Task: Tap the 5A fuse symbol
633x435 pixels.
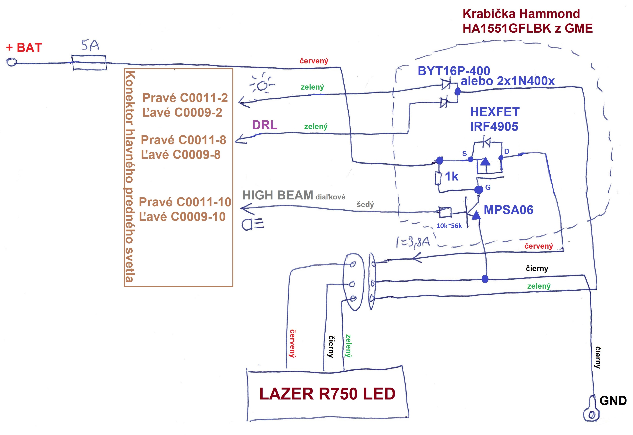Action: pos(89,63)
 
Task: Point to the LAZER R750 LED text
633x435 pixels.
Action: pos(327,394)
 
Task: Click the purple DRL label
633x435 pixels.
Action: pos(264,125)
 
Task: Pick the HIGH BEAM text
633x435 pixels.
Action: pos(278,195)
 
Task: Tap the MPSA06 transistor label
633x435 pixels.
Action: pos(508,210)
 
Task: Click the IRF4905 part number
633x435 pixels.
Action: pos(494,127)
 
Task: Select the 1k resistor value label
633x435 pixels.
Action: pos(452,177)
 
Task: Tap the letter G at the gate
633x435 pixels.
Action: pos(488,187)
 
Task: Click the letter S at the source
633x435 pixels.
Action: pos(464,154)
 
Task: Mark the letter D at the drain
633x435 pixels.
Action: pos(506,152)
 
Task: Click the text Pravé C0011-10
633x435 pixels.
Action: pos(185,202)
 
